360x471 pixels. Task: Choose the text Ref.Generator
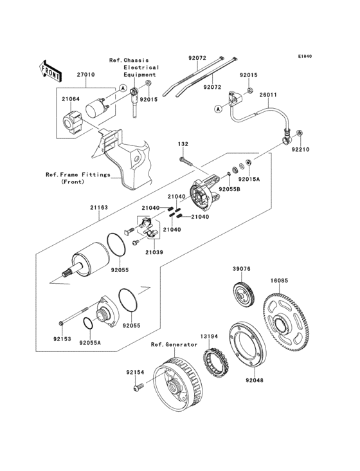[x=174, y=345]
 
